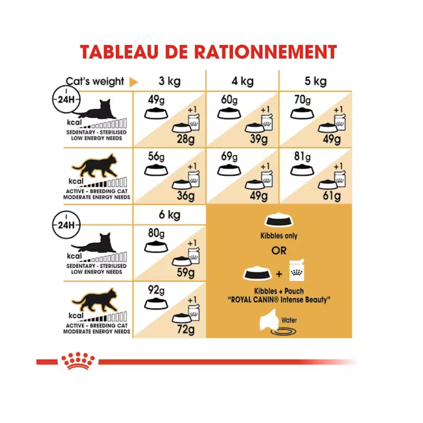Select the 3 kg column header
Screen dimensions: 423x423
pos(169,81)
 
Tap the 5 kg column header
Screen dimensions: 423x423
pos(315,81)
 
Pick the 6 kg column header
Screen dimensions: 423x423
pos(169,215)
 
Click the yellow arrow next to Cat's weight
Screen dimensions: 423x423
pos(134,82)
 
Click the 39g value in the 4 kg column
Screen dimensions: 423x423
pos(258,139)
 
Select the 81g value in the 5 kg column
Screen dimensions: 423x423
pos(302,157)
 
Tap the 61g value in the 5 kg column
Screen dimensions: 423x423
pos(332,195)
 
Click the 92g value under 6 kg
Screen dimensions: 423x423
pos(156,291)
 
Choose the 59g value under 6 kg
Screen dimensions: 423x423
pos(185,272)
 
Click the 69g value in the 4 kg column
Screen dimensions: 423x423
pos(229,157)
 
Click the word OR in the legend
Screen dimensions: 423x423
pos(279,251)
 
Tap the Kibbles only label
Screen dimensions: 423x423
pos(279,236)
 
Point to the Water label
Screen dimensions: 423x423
pos(289,320)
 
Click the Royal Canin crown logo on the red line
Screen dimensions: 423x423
pos(78,361)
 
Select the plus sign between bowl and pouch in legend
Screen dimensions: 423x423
pos(279,274)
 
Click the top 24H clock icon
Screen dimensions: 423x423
pos(66,99)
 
